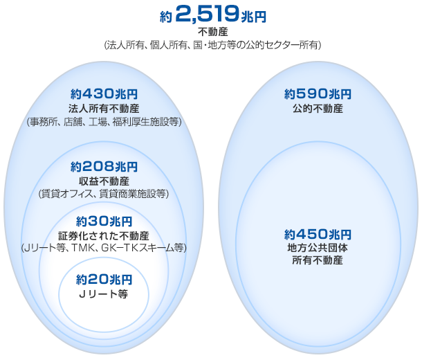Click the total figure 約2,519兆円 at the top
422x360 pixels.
[212, 15]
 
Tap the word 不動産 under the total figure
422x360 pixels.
[212, 32]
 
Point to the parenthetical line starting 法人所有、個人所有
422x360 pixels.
[212, 44]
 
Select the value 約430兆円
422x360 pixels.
[104, 94]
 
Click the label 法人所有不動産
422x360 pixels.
[104, 109]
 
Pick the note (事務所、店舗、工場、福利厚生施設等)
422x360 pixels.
[104, 122]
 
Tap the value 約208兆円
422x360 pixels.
[104, 167]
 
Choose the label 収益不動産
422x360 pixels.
[104, 181]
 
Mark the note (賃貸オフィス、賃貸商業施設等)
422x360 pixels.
[104, 194]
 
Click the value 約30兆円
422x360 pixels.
[104, 221]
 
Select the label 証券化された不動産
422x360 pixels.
[104, 235]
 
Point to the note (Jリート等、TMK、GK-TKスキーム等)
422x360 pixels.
[104, 248]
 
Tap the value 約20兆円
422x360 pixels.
[104, 280]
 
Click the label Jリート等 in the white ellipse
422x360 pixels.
[104, 294]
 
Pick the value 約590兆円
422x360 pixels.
[318, 94]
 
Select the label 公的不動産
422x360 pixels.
[318, 109]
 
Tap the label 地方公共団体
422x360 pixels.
[318, 247]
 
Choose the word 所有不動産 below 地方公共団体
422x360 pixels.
[318, 260]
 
